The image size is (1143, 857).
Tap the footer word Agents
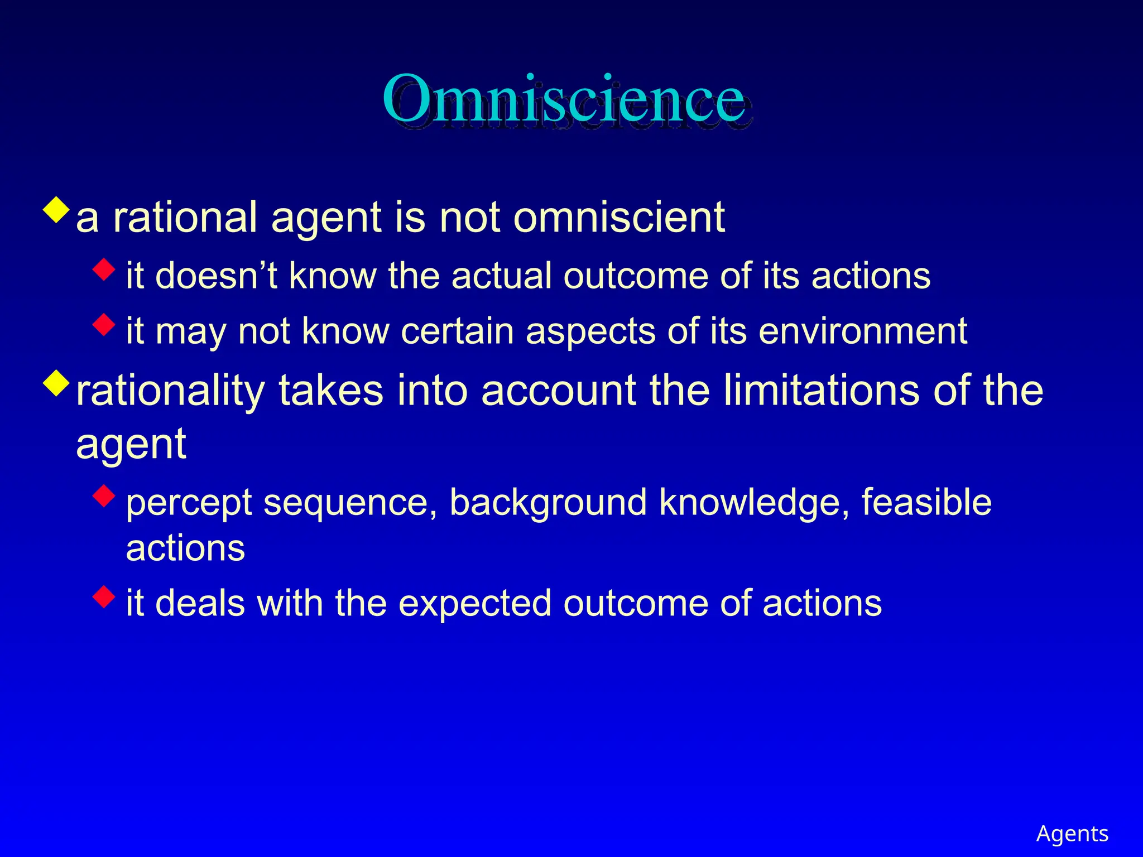(1072, 834)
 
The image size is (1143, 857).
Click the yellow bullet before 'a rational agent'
(56, 209)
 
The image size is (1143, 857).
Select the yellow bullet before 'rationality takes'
(56, 383)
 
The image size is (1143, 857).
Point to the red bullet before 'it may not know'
(104, 325)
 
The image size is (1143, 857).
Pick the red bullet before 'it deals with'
(104, 596)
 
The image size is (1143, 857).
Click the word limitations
(821, 390)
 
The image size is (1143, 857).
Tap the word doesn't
(217, 276)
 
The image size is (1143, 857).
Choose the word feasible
(926, 502)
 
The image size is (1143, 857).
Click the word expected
(474, 604)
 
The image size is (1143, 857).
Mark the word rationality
(170, 391)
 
